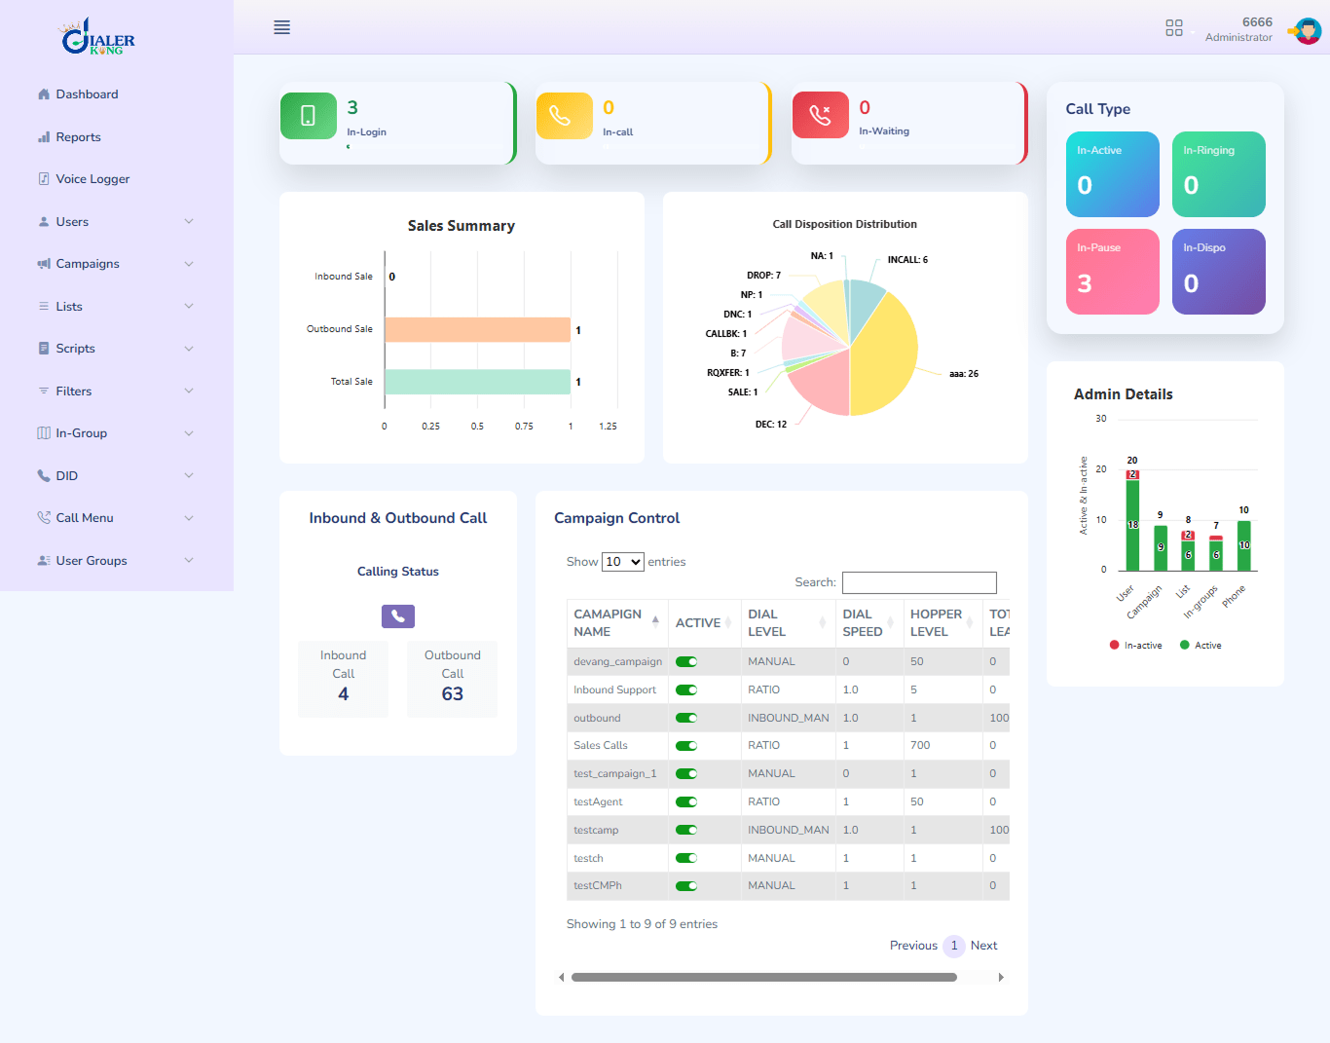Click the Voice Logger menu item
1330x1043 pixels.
coord(92,179)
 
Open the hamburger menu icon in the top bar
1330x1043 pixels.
coord(281,27)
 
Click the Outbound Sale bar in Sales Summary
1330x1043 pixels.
coord(477,330)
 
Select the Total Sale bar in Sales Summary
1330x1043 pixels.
coord(477,382)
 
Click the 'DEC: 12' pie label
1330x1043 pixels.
coord(770,425)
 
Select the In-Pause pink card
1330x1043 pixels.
coord(1112,272)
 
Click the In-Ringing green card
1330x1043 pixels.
coord(1218,174)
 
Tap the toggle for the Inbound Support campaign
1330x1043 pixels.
coord(686,689)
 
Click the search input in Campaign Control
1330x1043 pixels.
coord(918,582)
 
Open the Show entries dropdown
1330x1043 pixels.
coord(622,562)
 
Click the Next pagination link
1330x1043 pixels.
coord(983,946)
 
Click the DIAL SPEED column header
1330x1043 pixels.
coord(863,623)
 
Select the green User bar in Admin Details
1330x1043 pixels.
coord(1132,526)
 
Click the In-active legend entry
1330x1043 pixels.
coord(1136,646)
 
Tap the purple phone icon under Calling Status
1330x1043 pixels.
coord(397,616)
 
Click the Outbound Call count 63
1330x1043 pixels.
coord(452,694)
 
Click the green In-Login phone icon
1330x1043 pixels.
coord(308,116)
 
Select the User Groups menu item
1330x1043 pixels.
coord(91,561)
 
